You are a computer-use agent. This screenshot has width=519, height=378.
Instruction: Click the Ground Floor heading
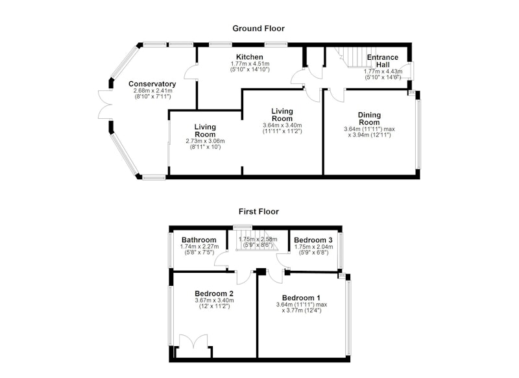(258, 29)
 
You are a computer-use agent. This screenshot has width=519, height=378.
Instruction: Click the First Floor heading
(259, 211)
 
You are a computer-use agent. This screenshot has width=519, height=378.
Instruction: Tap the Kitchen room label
(250, 57)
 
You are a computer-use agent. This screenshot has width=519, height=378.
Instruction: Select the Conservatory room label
(152, 84)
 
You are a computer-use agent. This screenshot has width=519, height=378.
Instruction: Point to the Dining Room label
(369, 119)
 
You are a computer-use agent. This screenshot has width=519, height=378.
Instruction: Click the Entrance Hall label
(383, 61)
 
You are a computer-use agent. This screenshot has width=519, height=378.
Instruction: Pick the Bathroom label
(199, 240)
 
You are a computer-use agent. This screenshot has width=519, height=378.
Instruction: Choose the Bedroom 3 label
(313, 240)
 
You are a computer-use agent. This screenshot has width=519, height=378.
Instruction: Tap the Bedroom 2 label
(214, 294)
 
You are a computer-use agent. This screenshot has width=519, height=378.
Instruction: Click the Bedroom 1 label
(301, 298)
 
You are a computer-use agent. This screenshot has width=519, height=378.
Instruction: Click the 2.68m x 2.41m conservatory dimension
(153, 91)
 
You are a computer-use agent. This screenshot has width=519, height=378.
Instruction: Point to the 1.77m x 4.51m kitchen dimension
(250, 64)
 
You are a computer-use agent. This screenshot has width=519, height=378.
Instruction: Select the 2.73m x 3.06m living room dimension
(205, 141)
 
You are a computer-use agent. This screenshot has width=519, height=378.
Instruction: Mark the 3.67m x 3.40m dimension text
(215, 301)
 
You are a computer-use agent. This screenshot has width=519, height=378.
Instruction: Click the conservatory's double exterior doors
(105, 105)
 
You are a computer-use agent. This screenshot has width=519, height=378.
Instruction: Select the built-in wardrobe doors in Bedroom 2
(193, 341)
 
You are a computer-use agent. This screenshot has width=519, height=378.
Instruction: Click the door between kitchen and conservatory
(190, 72)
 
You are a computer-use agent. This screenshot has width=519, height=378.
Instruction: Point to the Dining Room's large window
(418, 134)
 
